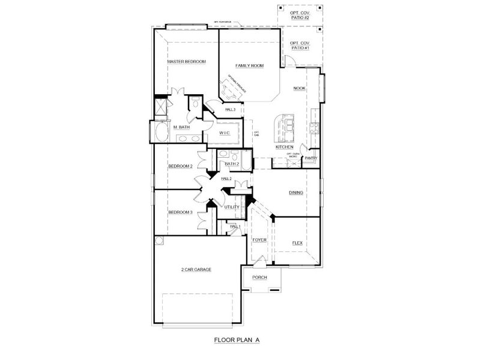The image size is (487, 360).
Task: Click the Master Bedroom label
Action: coord(187,61)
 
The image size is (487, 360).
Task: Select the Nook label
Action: coord(299,88)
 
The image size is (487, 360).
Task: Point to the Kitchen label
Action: coord(284,147)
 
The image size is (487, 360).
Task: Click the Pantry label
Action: coord(311,158)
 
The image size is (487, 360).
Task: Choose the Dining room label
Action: coord(295,193)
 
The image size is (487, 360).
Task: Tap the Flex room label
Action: coord(297,243)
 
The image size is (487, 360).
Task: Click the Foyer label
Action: coord(259,240)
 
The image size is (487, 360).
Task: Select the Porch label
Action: coord(259,277)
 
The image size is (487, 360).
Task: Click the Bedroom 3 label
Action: coord(180,212)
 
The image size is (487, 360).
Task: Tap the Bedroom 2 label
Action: coord(180,166)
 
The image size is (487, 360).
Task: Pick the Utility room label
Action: coord(232,207)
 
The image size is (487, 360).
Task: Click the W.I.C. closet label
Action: coord(225,133)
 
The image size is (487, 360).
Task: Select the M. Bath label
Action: coord(182,127)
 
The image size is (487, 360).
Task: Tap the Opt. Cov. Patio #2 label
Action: coord(299,15)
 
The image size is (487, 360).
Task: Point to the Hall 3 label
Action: coord(231,110)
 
